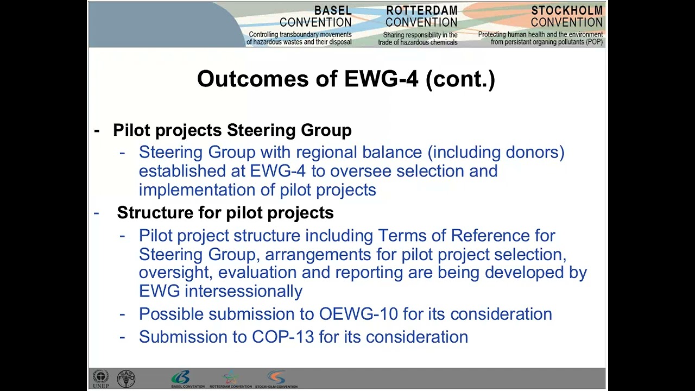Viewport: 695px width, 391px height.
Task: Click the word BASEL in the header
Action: [333, 11]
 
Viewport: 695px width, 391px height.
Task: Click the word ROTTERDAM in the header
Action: [421, 11]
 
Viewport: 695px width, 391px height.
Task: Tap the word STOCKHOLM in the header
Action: [567, 11]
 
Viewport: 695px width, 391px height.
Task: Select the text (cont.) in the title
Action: [460, 79]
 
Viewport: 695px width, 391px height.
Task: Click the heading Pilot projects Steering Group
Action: [232, 130]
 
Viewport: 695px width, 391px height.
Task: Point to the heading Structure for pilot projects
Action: [225, 213]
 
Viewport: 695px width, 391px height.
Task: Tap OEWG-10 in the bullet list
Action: [358, 314]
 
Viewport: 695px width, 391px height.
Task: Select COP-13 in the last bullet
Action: [283, 337]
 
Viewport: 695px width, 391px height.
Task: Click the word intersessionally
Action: [243, 291]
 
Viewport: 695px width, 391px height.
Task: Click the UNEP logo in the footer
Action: [100, 379]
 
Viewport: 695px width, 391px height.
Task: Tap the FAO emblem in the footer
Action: [127, 379]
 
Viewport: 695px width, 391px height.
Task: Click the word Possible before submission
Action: [171, 314]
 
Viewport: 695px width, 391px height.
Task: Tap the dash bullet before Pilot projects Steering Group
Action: [97, 130]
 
